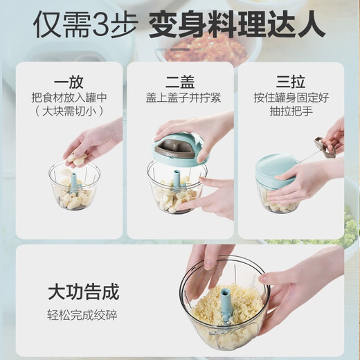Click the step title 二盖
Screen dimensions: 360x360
click(x=179, y=80)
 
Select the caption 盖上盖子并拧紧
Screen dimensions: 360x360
click(x=179, y=97)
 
